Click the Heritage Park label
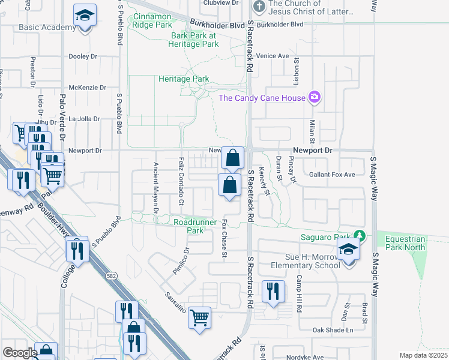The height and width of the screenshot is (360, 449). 184,79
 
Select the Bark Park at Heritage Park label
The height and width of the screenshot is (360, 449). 193,40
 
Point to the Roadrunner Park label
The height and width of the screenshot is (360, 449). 188,226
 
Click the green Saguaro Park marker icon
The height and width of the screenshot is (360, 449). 360,235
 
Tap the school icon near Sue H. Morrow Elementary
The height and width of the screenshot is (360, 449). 348,249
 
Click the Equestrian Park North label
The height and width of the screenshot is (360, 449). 405,243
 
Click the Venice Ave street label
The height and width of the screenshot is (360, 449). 273,56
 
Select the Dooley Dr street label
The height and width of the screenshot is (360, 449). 83,56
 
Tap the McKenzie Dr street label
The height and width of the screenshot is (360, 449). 87,88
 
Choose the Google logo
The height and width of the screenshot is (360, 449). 20,353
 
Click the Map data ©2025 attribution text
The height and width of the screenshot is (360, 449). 423,355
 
